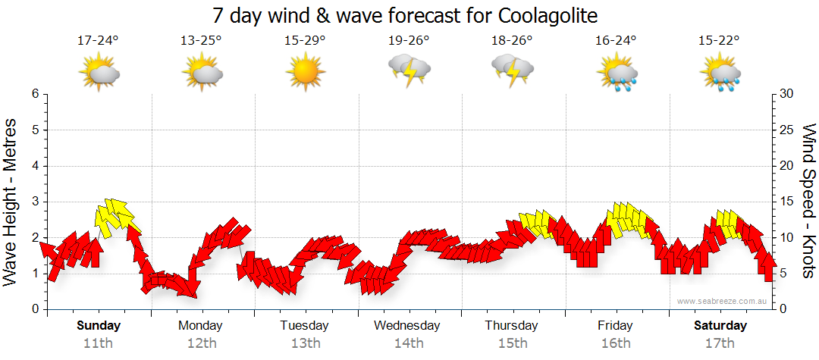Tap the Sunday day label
coord(99,326)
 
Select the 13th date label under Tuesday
coord(305,343)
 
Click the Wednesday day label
coord(407,326)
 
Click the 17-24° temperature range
coord(99,41)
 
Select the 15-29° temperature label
coord(305,41)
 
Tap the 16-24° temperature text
coord(615,41)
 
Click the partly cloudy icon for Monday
coord(202,73)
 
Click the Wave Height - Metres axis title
coord(12,202)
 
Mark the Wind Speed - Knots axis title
coord(808,202)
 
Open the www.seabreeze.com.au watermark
coord(723,301)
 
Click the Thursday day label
coord(512,326)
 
